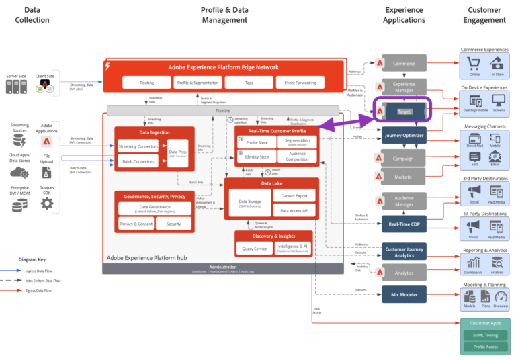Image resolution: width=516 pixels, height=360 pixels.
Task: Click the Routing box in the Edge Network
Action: [x=147, y=82]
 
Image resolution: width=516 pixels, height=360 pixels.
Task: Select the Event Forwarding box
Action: [x=300, y=82]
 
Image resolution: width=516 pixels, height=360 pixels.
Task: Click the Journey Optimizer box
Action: [x=404, y=136]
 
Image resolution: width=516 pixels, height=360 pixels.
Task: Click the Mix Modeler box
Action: [x=404, y=294]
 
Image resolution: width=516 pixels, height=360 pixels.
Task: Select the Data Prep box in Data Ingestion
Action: [x=178, y=153]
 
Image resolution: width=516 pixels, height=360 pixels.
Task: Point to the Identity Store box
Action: [x=257, y=156]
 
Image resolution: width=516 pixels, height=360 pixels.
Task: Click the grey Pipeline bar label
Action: [x=222, y=109]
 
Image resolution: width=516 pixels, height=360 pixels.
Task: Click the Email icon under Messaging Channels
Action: [x=495, y=158]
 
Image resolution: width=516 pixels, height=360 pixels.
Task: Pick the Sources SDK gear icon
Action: [x=46, y=203]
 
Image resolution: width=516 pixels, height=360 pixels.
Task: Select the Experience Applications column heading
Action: [x=404, y=15]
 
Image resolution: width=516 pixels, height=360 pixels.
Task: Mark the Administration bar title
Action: [x=222, y=267]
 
